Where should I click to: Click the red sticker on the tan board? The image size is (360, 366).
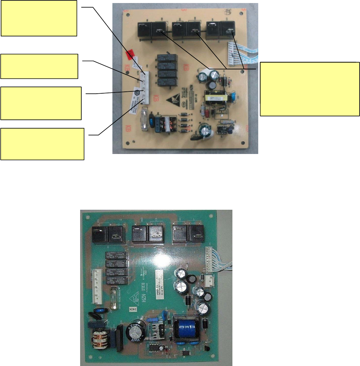pos(130,56)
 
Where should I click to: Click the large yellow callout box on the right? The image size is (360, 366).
pos(309,88)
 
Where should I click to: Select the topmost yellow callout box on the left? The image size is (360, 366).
pos(39,18)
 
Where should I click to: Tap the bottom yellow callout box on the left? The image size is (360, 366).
pos(42,144)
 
